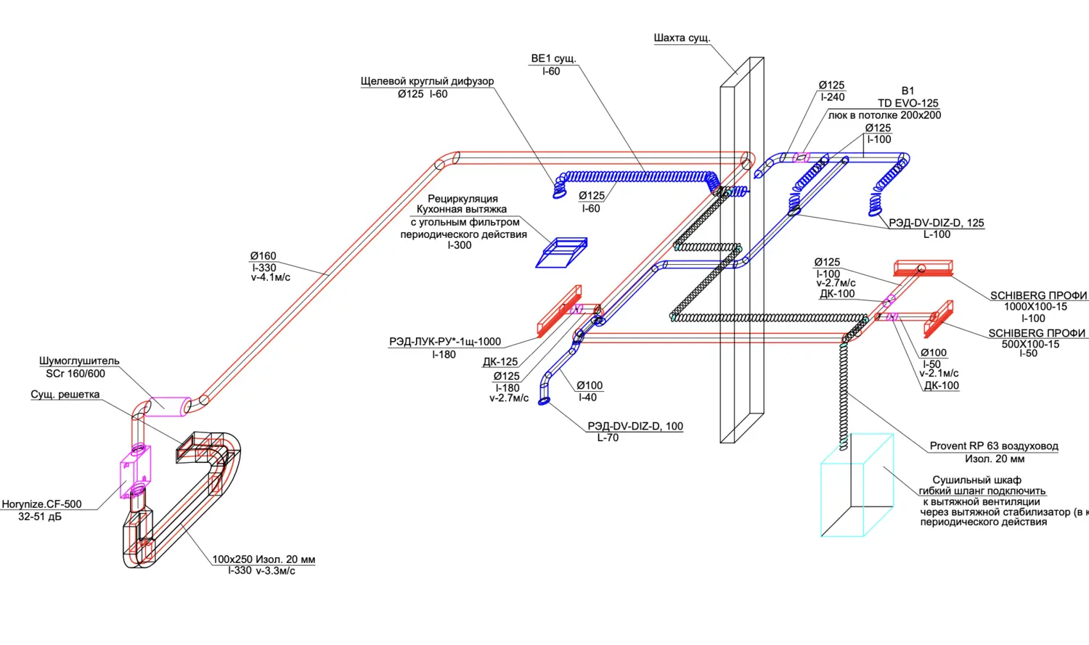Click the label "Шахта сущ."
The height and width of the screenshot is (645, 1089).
pos(682,38)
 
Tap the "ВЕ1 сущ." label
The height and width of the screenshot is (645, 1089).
pos(553,59)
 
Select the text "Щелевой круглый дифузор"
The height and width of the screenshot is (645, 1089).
pos(427,81)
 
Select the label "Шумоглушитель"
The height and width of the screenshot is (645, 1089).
pos(79,361)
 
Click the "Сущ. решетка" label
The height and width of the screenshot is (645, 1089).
pos(65,395)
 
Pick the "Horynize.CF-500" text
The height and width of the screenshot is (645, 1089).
pos(41,504)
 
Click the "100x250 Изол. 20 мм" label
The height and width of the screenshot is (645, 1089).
pos(264,559)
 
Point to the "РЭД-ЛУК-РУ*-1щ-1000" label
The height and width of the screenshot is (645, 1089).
pos(444,342)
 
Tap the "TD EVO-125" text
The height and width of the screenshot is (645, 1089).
pos(907,103)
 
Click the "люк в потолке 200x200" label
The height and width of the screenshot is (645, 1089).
pos(884,115)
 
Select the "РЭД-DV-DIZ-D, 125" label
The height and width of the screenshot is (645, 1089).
pos(937,223)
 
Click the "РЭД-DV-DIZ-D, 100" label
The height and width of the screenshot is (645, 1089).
pos(635,426)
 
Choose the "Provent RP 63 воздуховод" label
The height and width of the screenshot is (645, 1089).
pos(993,446)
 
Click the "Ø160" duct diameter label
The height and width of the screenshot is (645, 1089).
pos(263,256)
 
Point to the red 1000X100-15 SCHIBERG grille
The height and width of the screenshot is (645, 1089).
pos(923,268)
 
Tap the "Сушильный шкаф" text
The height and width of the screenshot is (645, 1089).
pos(976,480)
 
